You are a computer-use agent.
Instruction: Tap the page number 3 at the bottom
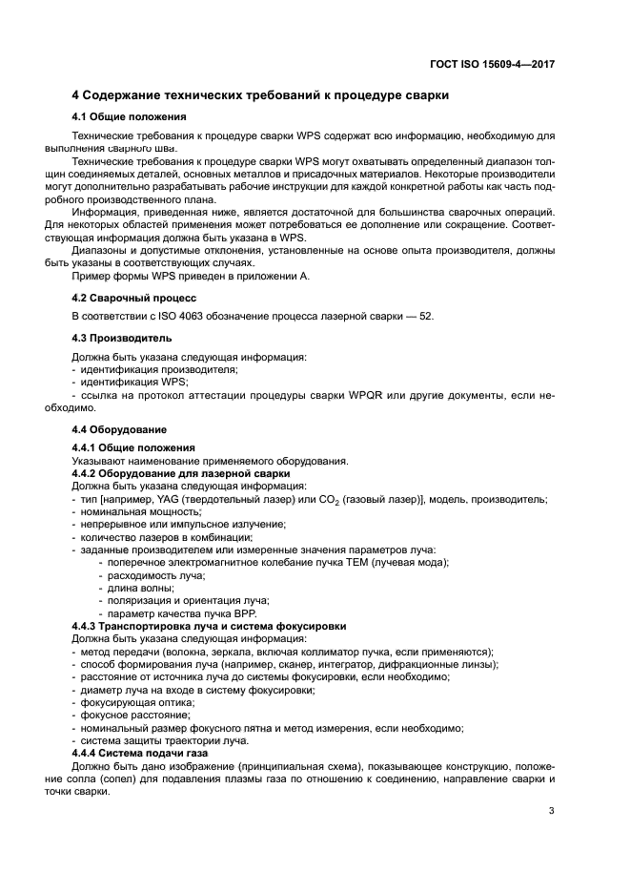(552, 812)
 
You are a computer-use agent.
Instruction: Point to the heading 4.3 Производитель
(122, 338)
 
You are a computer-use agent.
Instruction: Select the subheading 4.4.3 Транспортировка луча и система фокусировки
(209, 625)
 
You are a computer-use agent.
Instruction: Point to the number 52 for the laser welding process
(426, 316)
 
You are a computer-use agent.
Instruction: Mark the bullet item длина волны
(132, 588)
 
